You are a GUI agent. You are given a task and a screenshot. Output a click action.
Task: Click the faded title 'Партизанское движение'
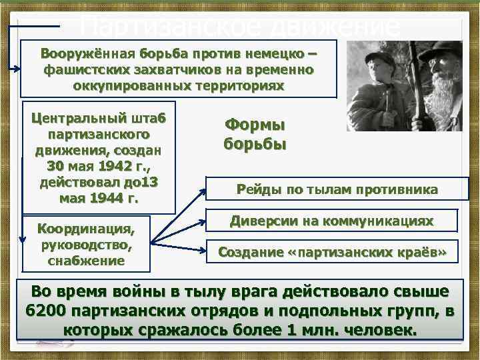coord(240,27)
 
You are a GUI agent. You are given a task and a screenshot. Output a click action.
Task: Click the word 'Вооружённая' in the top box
coord(89,53)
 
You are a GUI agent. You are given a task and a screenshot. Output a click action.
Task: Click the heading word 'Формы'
coord(254,125)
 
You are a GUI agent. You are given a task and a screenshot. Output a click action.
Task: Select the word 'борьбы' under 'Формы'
coord(254,145)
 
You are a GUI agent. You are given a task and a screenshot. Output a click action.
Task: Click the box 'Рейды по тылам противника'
coord(337,190)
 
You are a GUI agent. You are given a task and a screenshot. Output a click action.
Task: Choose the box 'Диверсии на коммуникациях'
coord(331,221)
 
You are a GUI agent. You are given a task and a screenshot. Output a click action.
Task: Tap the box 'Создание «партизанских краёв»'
coord(331,252)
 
